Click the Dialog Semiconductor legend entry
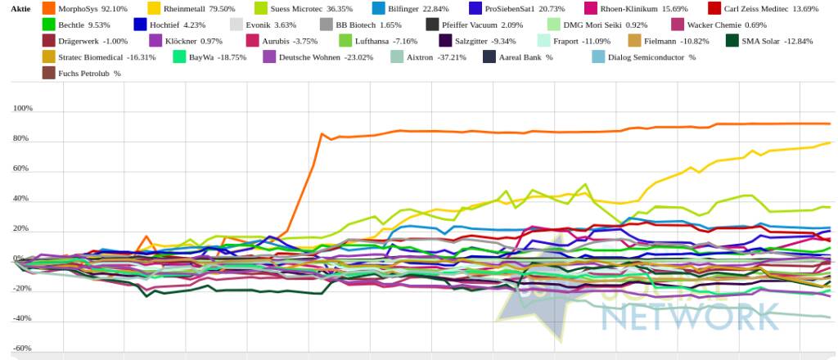(651, 57)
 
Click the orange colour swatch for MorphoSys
(48, 8)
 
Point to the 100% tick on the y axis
(23, 109)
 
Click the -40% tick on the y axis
(23, 318)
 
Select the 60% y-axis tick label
(23, 169)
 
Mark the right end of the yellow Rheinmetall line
(830, 142)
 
